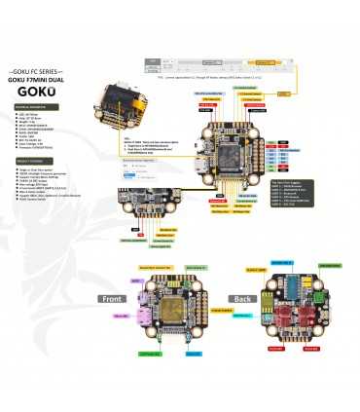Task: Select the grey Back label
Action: (241, 298)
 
